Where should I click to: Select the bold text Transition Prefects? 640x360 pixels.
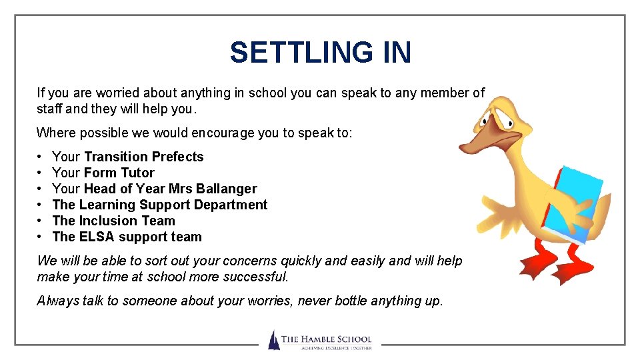pos(144,157)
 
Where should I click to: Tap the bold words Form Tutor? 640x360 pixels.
pos(119,173)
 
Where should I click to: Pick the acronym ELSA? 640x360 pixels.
pos(97,237)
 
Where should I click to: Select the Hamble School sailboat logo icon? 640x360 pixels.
pos(273,340)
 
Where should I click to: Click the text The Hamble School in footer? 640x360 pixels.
pos(326,339)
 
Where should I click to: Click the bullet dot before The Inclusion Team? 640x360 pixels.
pos(41,221)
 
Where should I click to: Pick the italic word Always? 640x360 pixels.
pos(58,301)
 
